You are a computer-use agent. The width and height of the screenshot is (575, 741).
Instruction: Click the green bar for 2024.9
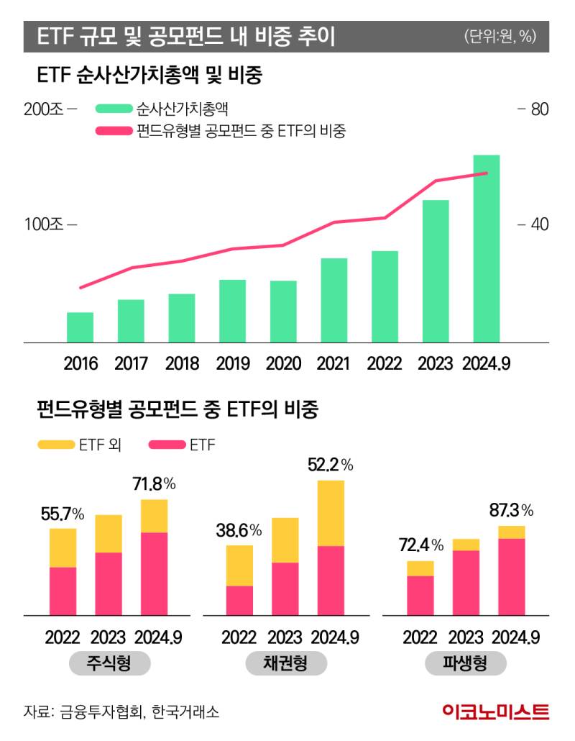click(x=486, y=248)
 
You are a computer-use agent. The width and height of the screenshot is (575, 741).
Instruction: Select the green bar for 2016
click(x=80, y=327)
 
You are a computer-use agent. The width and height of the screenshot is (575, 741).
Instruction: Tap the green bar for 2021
click(x=334, y=300)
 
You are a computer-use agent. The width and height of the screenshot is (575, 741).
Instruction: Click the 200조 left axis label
click(x=44, y=110)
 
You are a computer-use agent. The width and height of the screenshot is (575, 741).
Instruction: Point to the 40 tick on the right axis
click(x=540, y=224)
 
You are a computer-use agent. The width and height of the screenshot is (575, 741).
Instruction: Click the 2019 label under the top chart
click(x=233, y=363)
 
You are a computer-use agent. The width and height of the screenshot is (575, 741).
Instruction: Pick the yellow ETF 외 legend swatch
click(x=55, y=445)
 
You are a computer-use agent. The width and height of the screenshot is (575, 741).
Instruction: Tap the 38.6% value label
click(x=239, y=531)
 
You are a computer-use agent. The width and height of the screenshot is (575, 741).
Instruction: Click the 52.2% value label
click(x=330, y=465)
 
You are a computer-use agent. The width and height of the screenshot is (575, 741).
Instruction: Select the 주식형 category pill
click(x=109, y=663)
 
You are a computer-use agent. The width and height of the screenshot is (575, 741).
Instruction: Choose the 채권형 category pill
click(x=285, y=663)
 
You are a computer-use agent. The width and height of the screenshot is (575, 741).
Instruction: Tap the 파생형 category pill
click(x=465, y=663)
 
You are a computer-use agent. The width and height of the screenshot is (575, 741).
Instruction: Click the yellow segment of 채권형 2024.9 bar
click(x=331, y=513)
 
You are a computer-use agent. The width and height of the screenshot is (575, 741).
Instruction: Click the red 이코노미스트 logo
click(x=495, y=712)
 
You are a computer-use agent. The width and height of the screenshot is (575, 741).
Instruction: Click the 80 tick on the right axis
click(x=540, y=110)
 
